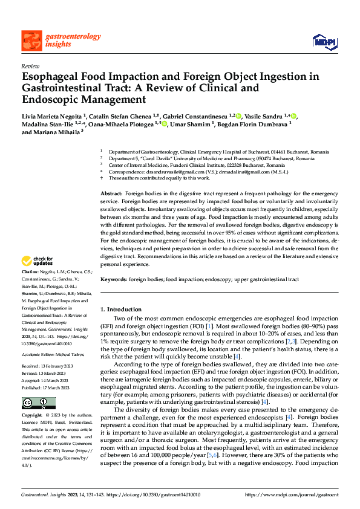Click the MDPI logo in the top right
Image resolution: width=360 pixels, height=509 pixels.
(324, 40)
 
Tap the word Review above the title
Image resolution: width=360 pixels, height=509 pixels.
(30, 66)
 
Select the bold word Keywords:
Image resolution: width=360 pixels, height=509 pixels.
(114, 279)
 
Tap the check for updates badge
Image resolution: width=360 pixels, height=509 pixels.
(37, 261)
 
